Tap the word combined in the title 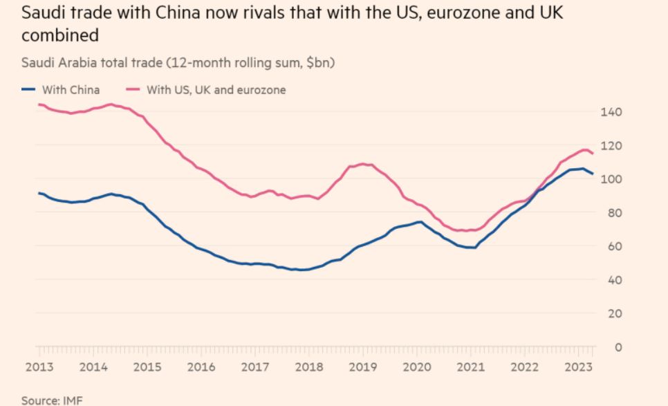point(59,35)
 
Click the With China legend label point(71,89)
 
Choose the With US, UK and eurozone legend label point(216,89)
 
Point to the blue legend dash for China point(28,89)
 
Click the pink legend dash point(133,89)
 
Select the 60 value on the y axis point(613,246)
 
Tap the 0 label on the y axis point(618,347)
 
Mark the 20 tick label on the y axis point(613,313)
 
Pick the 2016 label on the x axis point(201,367)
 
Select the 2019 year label point(362,367)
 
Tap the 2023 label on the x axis point(578,367)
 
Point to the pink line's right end point(593,154)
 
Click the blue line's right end point(593,174)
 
